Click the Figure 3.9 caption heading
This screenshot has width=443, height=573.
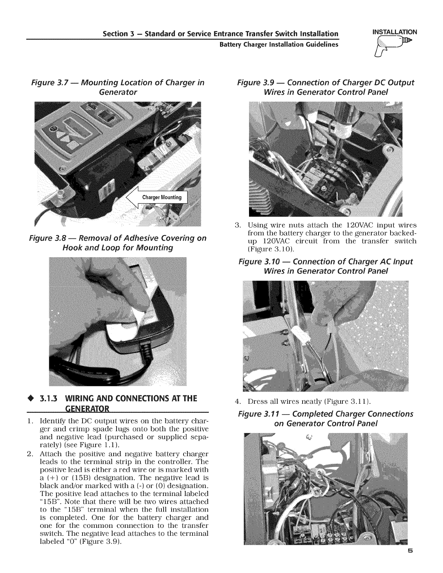(x=325, y=87)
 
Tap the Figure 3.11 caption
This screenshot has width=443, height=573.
(x=325, y=418)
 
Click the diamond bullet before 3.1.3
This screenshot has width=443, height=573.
(x=31, y=399)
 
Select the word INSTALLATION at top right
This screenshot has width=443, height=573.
(x=392, y=32)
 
